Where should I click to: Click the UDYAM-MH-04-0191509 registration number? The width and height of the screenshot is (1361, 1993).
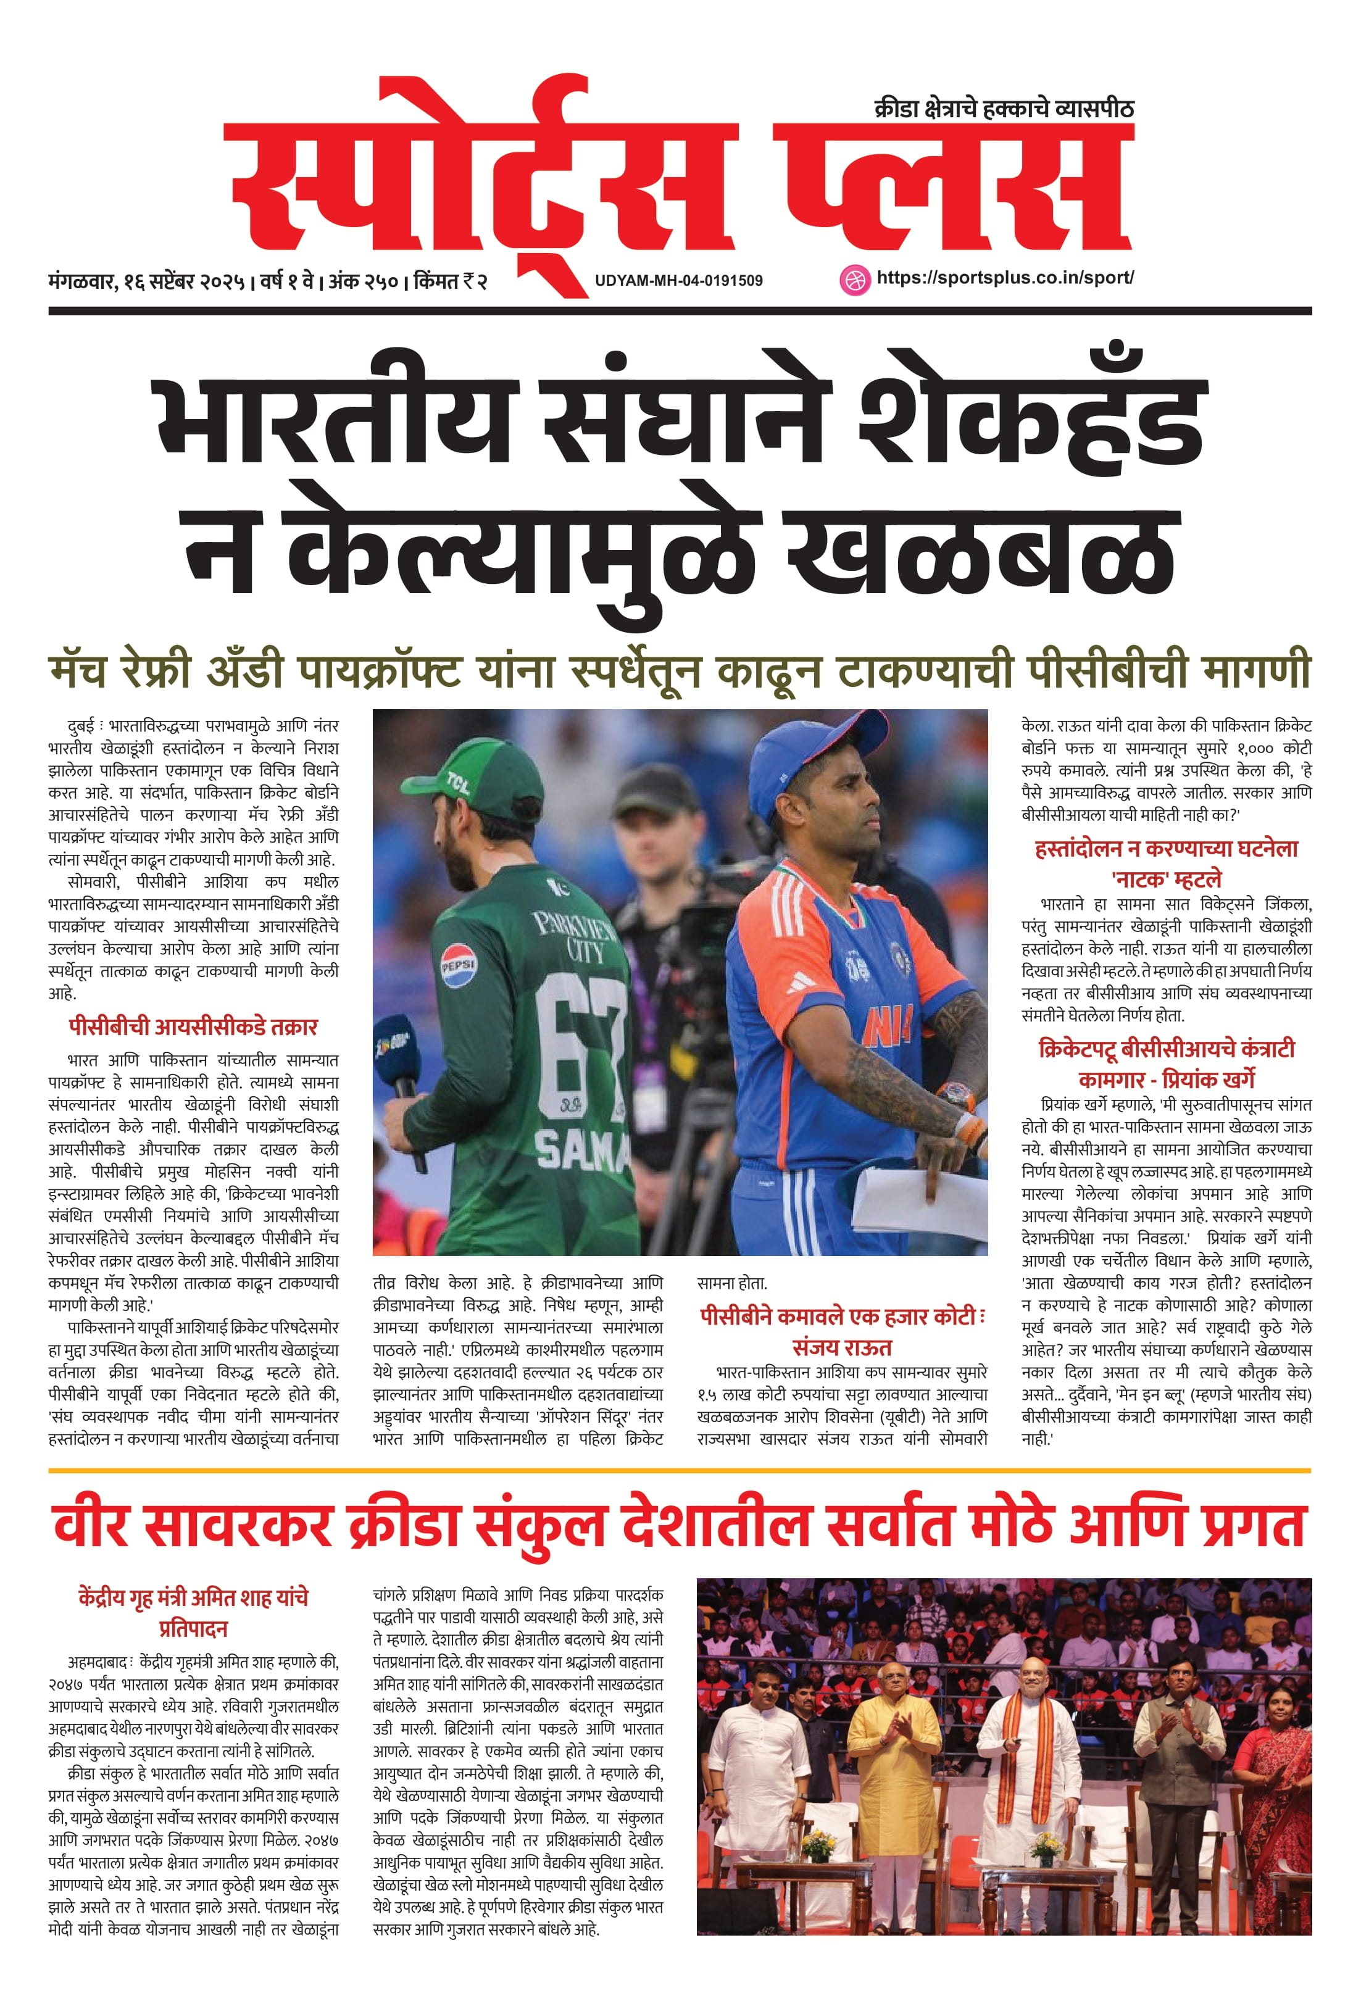tap(678, 280)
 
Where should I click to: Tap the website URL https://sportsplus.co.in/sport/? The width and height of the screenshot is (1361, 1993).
tap(1005, 278)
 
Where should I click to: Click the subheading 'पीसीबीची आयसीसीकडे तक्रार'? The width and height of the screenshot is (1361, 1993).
tap(193, 1026)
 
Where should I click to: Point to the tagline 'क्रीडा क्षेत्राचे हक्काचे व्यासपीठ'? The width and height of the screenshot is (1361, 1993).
tap(1004, 109)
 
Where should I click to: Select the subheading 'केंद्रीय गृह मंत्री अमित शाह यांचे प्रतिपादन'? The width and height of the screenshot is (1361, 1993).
tap(193, 1612)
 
